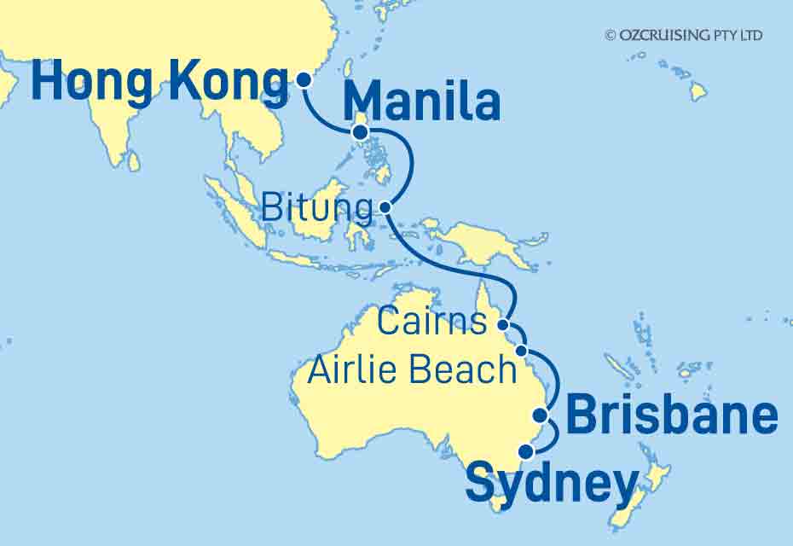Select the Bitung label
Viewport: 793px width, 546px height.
tap(316, 207)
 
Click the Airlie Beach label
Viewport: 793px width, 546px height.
tap(414, 370)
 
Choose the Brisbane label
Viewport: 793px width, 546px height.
tap(672, 417)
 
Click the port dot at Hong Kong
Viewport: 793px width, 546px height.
tap(304, 80)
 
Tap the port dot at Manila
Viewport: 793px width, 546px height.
tap(360, 132)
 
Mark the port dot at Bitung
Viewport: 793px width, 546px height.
tap(385, 206)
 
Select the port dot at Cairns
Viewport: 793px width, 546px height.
tap(504, 324)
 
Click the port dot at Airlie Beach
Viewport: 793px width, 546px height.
tap(522, 351)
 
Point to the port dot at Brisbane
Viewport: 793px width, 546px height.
tap(540, 415)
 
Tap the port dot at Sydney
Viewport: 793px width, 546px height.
tap(527, 450)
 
